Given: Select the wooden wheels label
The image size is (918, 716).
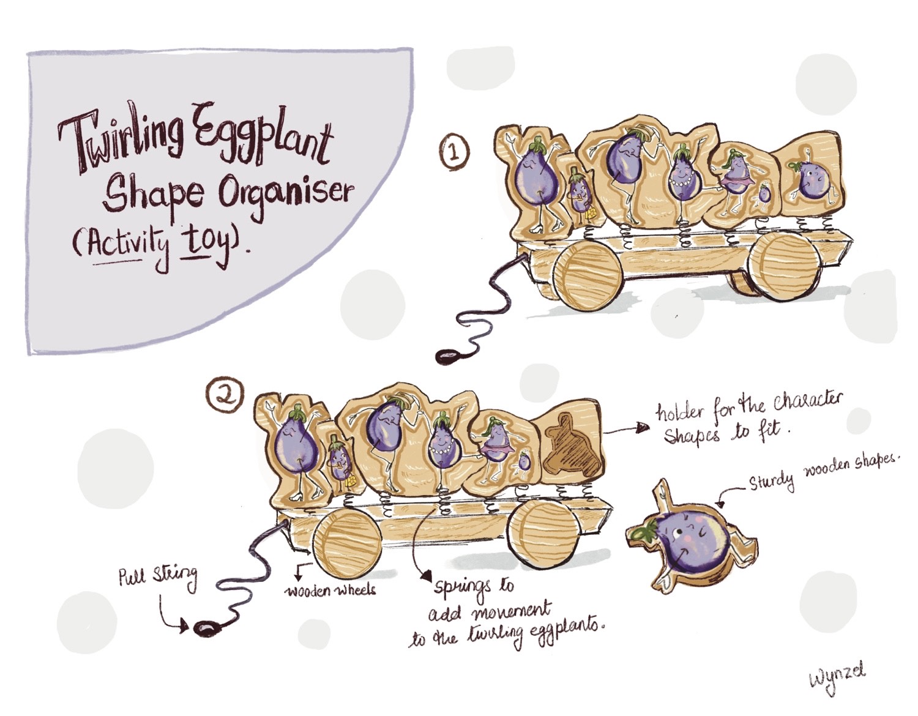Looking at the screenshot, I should click(331, 590).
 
